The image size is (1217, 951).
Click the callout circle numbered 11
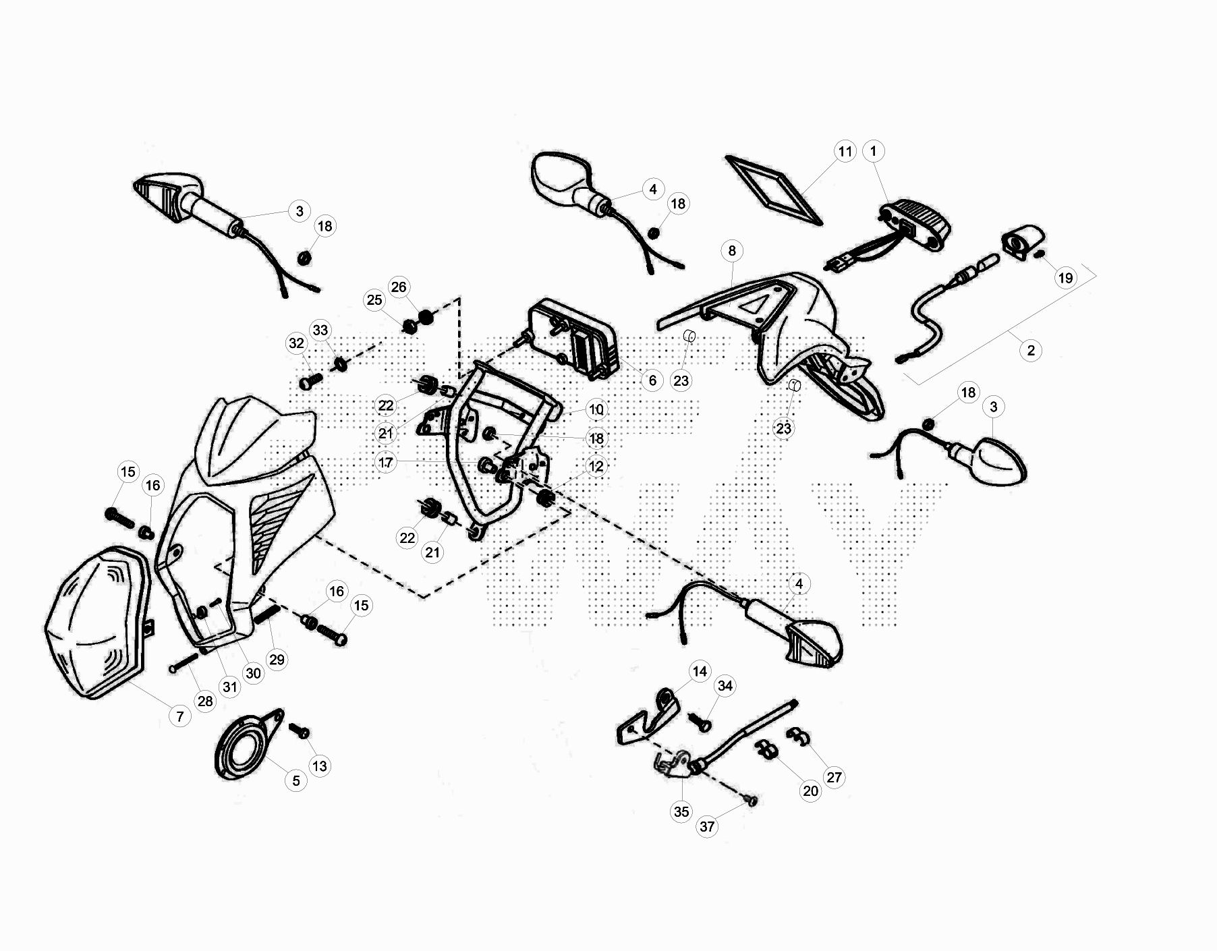pos(845,152)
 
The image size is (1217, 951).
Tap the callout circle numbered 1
pos(874,151)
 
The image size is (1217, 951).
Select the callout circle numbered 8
pos(732,251)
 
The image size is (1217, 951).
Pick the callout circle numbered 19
pos(1065,278)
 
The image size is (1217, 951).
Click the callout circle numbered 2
pos(1031,351)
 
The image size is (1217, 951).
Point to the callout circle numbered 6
pos(652,380)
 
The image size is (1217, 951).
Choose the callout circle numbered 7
pos(179,716)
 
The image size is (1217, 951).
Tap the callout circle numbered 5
pos(295,781)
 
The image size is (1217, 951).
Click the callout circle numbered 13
pos(319,766)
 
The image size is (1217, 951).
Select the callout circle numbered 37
pos(707,827)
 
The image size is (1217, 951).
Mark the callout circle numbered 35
pos(681,812)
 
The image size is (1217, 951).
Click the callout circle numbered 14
pos(700,671)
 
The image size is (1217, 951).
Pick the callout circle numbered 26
pos(399,287)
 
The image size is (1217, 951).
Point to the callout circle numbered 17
pos(386,463)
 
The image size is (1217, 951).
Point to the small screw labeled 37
pos(752,801)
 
